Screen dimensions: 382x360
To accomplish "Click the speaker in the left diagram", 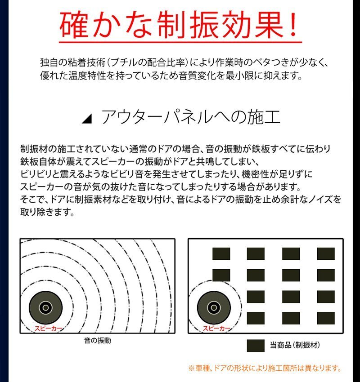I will [45, 307].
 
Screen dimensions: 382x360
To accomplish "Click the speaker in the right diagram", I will [213, 307].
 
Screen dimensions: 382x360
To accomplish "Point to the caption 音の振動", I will [97, 341].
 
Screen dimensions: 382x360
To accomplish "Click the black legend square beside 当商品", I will [256, 346].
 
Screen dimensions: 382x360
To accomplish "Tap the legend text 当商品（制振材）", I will [295, 346].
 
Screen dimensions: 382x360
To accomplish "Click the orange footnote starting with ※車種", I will [265, 369].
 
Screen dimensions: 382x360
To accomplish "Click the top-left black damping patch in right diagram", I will [221, 254].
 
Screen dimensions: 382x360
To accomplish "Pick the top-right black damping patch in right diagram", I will [326, 254].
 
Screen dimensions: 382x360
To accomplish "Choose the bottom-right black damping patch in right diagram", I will [326, 318].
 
